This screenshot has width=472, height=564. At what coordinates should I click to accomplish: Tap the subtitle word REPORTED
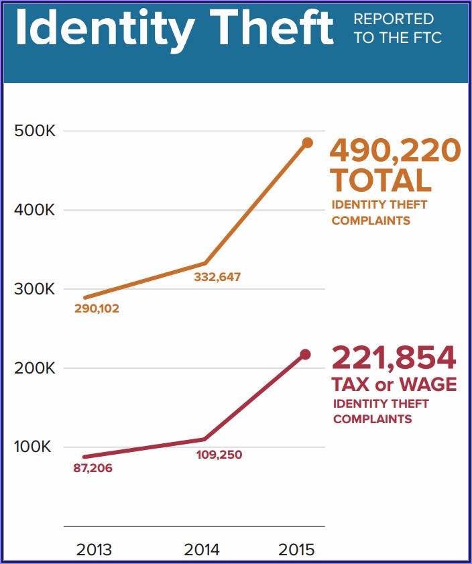[x=394, y=19]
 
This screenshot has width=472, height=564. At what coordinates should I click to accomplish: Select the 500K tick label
[x=34, y=131]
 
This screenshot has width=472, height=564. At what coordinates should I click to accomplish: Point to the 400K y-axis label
[x=34, y=210]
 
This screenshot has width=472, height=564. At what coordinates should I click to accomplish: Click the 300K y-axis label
[x=34, y=289]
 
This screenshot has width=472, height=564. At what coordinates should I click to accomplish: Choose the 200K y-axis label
[x=34, y=368]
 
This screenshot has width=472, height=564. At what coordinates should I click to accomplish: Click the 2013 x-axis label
[x=95, y=549]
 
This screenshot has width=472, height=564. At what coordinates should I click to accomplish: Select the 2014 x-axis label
[x=202, y=549]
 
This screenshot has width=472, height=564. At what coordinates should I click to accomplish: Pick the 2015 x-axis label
[x=296, y=549]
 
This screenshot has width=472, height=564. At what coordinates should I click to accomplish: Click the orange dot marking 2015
[x=308, y=143]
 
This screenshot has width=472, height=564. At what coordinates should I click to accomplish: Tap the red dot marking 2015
[x=305, y=354]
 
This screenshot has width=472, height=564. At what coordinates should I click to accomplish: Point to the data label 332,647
[x=217, y=276]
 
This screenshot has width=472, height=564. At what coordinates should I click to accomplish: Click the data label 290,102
[x=96, y=309]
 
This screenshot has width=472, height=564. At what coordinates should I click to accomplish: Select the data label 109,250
[x=219, y=455]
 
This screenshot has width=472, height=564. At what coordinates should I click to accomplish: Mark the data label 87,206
[x=93, y=468]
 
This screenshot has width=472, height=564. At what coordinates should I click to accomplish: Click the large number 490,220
[x=395, y=151]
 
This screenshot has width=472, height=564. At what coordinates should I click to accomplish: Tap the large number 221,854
[x=394, y=358]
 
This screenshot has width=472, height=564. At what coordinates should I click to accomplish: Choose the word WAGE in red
[x=428, y=385]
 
